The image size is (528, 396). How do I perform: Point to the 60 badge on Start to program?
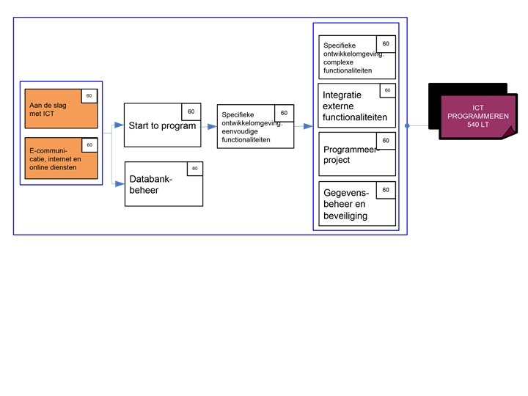[x=191, y=111]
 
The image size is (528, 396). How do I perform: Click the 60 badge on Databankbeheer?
[x=194, y=169]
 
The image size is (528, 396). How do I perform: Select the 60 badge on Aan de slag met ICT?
[x=89, y=97]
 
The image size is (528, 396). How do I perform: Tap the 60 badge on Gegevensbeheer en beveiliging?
[x=386, y=190]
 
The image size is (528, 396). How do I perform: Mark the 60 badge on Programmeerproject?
[x=386, y=140]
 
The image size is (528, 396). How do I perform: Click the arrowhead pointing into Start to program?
[x=118, y=126]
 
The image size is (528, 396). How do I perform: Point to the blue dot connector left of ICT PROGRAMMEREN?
[x=407, y=125]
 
